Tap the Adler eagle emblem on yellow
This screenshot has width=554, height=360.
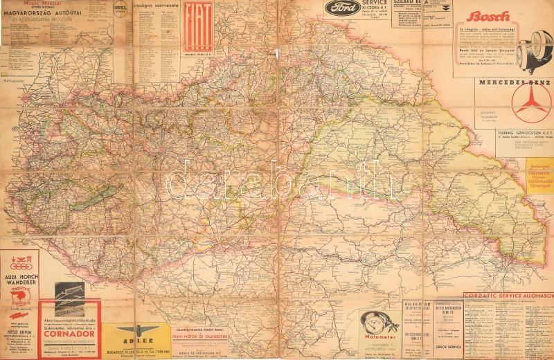coord(136,330)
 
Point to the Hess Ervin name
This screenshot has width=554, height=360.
coord(19,331)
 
